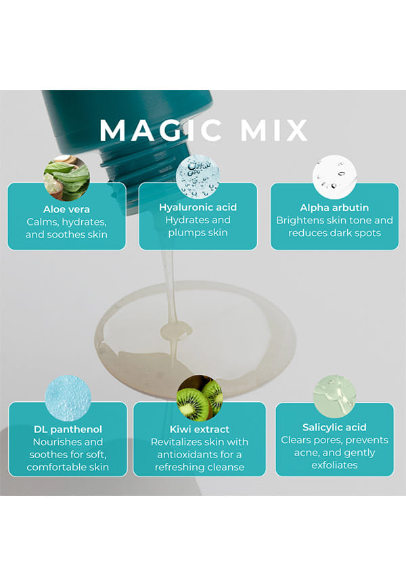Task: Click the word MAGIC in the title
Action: tap(160, 130)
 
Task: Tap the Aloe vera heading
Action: tap(66, 209)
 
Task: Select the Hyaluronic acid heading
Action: tap(198, 208)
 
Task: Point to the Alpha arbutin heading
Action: tap(334, 208)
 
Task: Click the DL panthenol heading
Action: tap(68, 430)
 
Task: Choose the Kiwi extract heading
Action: tap(200, 430)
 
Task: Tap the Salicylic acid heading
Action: tap(334, 427)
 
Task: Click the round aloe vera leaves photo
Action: tap(66, 178)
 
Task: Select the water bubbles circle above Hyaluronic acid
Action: tap(198, 177)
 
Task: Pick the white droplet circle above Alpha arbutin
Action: tap(334, 177)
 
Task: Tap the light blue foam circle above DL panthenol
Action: tap(68, 398)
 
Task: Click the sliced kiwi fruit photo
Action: tap(200, 398)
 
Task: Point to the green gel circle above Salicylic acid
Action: tap(334, 397)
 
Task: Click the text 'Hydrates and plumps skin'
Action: tap(198, 227)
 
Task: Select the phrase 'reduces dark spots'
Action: tap(334, 233)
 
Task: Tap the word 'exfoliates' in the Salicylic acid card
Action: tap(334, 466)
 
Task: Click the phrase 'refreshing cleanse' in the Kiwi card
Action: tap(200, 467)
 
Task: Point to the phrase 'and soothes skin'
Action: tap(66, 235)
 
